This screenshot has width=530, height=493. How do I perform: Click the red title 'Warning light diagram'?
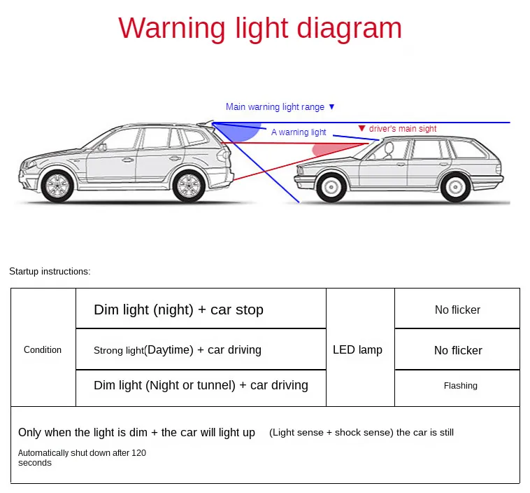click(x=260, y=29)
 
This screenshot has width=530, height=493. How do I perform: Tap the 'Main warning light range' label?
click(x=275, y=107)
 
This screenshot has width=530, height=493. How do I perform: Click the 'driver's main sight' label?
click(x=403, y=129)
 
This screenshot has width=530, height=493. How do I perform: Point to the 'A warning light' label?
click(x=299, y=132)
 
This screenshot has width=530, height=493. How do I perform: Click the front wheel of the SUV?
click(x=57, y=186)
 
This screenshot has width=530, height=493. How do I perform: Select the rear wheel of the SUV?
click(x=189, y=186)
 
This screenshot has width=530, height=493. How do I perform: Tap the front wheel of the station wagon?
click(x=331, y=187)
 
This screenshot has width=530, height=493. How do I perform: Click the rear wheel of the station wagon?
click(x=455, y=187)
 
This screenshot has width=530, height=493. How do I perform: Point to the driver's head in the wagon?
click(x=389, y=148)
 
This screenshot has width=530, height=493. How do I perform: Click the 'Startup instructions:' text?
click(x=50, y=272)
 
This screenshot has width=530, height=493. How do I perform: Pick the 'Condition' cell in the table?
click(x=43, y=349)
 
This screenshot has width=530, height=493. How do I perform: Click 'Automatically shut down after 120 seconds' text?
click(x=82, y=458)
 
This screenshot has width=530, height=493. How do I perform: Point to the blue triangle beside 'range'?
click(x=331, y=107)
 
